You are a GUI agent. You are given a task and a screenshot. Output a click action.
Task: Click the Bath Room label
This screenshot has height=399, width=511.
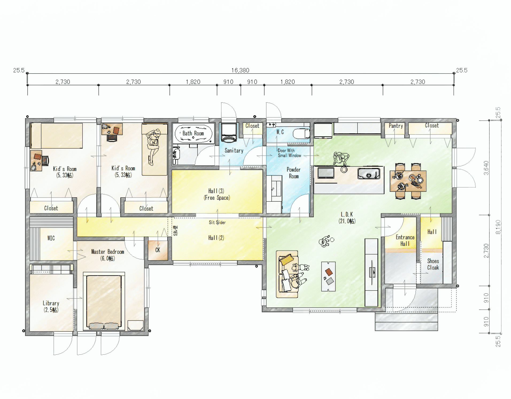[x=193, y=133]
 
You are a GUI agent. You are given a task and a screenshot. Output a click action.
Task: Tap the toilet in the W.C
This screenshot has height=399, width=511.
[x=301, y=134]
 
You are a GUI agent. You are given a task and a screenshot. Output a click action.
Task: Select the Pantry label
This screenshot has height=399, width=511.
[x=396, y=126]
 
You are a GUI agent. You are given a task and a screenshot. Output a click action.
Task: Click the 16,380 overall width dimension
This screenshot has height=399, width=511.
[x=240, y=70]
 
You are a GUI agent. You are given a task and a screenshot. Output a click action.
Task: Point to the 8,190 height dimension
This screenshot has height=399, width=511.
[x=498, y=227]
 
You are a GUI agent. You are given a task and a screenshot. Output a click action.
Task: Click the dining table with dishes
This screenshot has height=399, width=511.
[x=408, y=181]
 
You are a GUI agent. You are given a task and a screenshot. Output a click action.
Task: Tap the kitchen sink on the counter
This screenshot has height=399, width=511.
[x=369, y=174]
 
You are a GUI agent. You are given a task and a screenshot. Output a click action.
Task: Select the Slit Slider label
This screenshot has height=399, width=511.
[x=217, y=222]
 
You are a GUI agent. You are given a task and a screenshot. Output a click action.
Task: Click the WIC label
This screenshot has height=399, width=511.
[x=51, y=238]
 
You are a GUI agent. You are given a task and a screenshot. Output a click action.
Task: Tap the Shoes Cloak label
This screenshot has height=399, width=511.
[x=433, y=264]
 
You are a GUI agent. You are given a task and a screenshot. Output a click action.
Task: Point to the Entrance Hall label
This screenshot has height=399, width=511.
[x=405, y=241]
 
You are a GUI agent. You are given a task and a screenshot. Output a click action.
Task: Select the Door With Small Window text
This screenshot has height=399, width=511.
[x=289, y=153]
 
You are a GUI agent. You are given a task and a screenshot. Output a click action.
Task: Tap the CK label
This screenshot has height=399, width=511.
[x=158, y=250]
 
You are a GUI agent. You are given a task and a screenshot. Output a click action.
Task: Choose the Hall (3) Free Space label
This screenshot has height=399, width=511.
[x=216, y=194]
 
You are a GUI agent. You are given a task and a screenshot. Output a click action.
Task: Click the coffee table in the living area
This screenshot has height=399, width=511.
[x=328, y=276]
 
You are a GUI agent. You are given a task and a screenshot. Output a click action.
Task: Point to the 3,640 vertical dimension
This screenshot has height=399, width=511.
[x=486, y=168]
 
